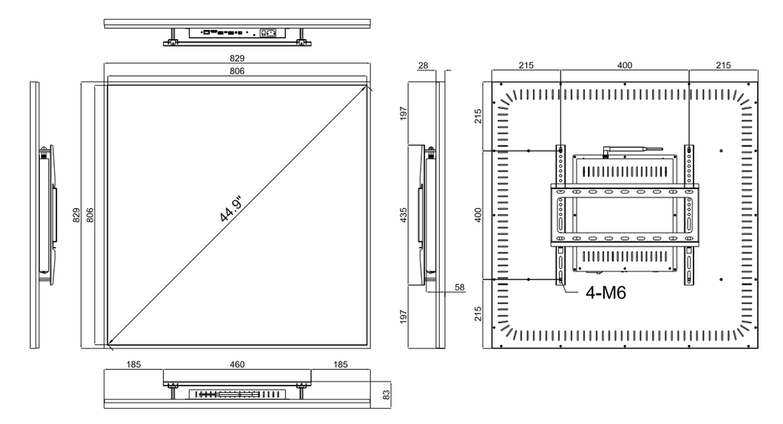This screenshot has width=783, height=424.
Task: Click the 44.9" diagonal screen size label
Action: click(x=231, y=208)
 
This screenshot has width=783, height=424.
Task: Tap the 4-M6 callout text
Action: click(x=606, y=292)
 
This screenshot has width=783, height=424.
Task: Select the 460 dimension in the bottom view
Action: click(x=237, y=364)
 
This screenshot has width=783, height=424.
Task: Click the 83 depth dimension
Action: click(x=386, y=394)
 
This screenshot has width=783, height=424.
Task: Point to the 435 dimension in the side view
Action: click(x=404, y=215)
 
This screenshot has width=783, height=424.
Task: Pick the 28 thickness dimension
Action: click(x=424, y=65)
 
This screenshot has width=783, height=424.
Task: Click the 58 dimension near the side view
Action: click(x=460, y=288)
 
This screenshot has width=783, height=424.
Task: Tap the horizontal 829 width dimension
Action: click(x=237, y=58)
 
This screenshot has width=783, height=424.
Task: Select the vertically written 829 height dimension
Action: click(x=76, y=215)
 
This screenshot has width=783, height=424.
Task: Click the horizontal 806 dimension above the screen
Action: click(x=237, y=71)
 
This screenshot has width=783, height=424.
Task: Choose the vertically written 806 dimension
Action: click(x=90, y=215)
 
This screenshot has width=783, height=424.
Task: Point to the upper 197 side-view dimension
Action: click(x=404, y=113)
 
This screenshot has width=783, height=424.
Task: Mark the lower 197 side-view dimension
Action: click(x=404, y=317)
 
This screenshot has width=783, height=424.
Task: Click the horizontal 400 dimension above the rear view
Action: click(x=625, y=65)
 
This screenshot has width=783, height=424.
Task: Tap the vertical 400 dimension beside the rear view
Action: click(x=479, y=215)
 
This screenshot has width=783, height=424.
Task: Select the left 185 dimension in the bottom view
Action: click(x=133, y=364)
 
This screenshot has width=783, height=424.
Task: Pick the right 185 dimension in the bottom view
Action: click(x=340, y=364)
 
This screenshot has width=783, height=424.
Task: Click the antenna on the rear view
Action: click(x=632, y=149)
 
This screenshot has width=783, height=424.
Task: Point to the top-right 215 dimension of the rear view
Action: click(x=723, y=65)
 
